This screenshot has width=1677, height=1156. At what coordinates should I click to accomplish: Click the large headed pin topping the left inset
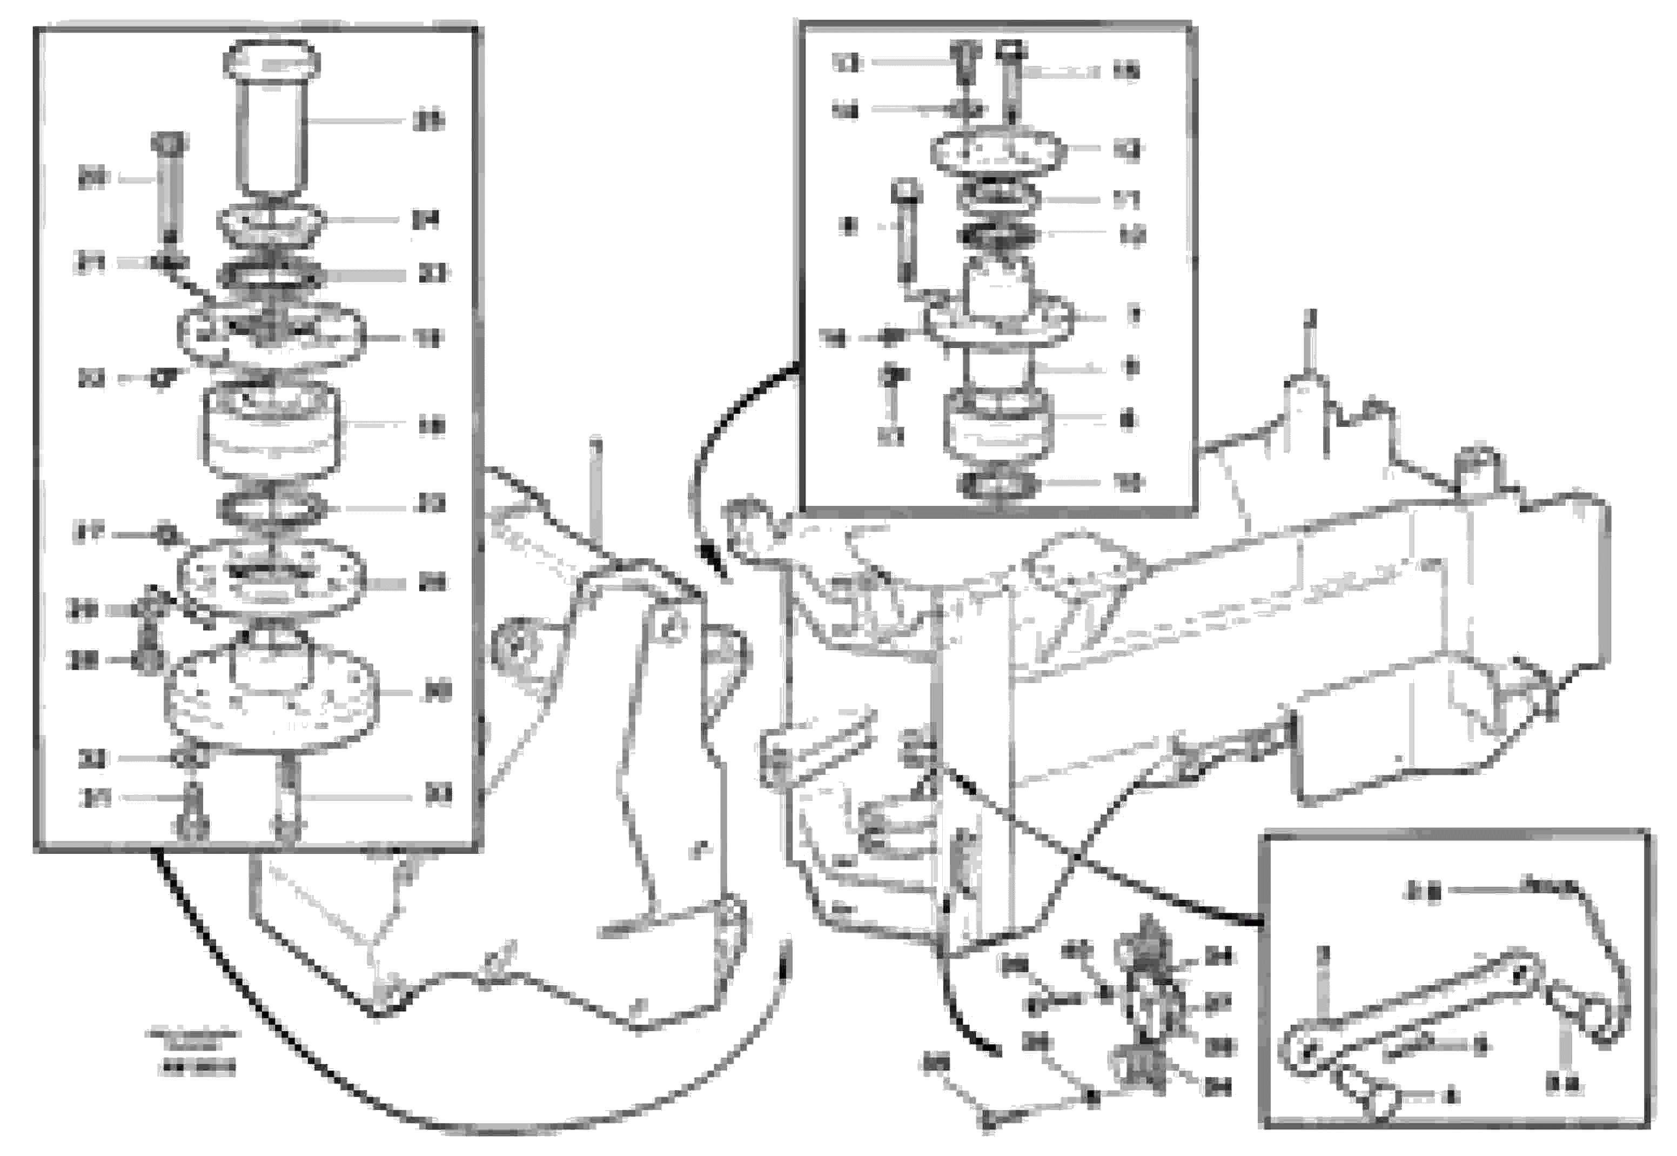tap(272, 116)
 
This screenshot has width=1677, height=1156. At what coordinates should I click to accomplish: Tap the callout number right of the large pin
tap(428, 122)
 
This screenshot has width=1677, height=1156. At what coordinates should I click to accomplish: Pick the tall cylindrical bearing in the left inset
tap(271, 431)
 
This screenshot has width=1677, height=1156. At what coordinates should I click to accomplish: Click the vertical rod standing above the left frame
tap(595, 492)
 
